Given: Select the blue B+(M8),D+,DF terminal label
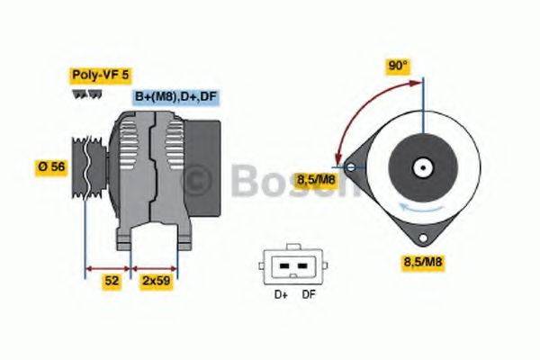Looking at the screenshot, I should click(x=176, y=97).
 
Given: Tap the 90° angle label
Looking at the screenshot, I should click(x=398, y=66).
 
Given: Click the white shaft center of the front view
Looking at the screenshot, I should click(x=420, y=166).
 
